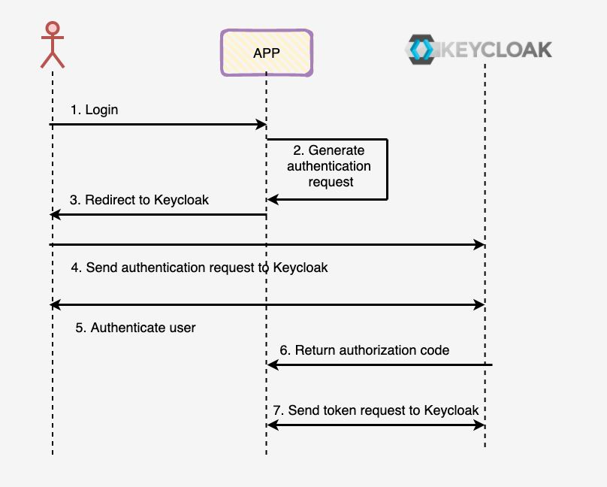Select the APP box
pos(266,53)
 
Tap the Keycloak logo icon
pos(419,50)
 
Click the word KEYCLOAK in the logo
pos(494,50)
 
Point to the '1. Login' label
pos(94,110)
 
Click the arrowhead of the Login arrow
pos(261,125)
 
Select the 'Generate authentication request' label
pos(329,166)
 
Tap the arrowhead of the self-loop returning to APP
pos(272,200)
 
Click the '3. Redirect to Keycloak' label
pos(139,200)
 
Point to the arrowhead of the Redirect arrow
pos(55,215)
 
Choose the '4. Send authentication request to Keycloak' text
pos(199,268)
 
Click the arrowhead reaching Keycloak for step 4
pos(480,245)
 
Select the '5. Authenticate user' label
pos(136,328)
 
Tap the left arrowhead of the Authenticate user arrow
pos(55,305)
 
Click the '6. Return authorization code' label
pos(364,350)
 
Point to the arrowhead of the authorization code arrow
pos(272,365)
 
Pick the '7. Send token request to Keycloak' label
pos(375,410)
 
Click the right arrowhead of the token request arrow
pos(480,425)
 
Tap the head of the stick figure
pos(52,29)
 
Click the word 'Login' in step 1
pos(101,110)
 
